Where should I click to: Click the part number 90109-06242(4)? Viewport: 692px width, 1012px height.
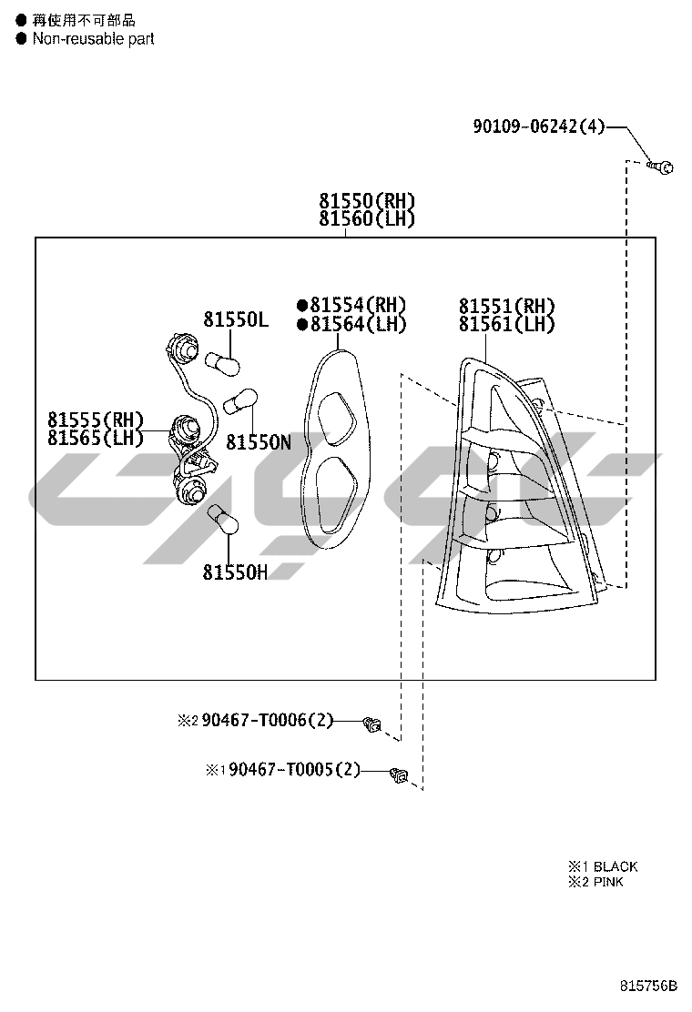tap(539, 126)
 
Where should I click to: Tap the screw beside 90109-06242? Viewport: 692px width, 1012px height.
tap(660, 167)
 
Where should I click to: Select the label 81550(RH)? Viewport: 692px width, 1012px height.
tap(367, 200)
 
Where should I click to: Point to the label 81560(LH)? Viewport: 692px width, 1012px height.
tap(367, 218)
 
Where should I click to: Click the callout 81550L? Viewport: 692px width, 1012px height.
tap(236, 319)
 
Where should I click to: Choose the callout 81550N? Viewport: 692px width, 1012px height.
tap(259, 442)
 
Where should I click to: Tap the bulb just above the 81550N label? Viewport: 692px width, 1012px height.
tap(240, 400)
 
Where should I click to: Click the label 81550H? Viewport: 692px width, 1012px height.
tap(235, 572)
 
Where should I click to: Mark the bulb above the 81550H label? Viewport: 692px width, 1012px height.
tap(222, 521)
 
